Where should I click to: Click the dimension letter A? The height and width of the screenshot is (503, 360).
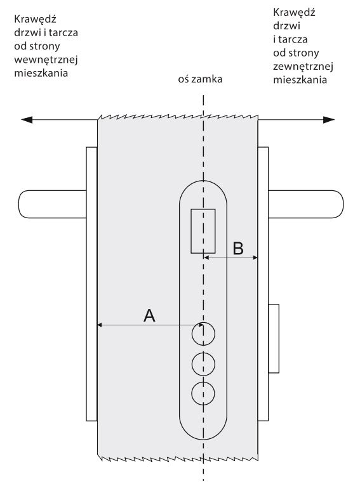(149, 315)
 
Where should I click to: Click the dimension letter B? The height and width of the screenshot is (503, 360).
(238, 248)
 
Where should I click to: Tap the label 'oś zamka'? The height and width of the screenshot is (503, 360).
(200, 79)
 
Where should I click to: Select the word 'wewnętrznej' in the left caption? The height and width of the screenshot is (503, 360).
(46, 60)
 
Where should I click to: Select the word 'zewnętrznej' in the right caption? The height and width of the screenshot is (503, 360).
(303, 67)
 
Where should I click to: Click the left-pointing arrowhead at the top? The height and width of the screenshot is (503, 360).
(27, 120)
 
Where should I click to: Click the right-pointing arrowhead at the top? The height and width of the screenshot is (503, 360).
(329, 120)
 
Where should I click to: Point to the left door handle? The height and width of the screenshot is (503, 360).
(52, 204)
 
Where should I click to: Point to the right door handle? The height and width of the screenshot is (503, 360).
(306, 204)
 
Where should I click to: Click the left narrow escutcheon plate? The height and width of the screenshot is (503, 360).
(91, 284)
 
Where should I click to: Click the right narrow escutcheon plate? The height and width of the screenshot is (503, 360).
(263, 284)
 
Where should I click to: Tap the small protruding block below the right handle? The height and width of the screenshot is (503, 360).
(274, 339)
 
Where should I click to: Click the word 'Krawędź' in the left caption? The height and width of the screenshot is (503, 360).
(35, 19)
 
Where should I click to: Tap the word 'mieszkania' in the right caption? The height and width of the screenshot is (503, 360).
(300, 79)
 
